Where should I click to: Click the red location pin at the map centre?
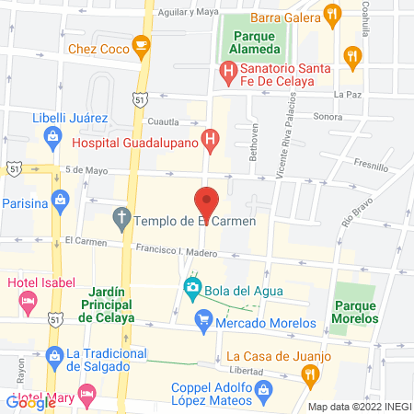(206, 201)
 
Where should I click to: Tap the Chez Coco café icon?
(140, 43)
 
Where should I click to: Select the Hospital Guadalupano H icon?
(211, 142)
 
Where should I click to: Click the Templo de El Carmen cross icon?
(121, 220)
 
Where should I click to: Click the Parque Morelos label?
(356, 312)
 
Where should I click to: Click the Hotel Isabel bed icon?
(28, 299)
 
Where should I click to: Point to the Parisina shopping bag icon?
(60, 199)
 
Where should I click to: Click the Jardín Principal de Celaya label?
(107, 303)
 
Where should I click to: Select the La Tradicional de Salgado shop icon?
(55, 355)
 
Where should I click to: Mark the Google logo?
(30, 402)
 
